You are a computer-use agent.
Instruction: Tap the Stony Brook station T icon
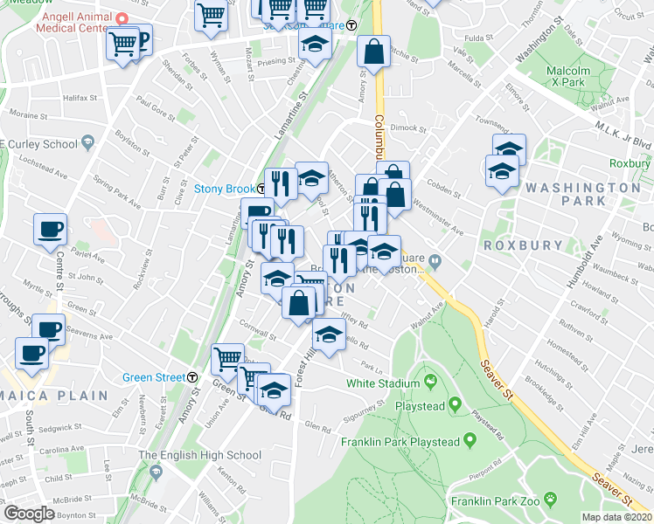[x=261, y=189]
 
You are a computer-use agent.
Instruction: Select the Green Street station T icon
[x=192, y=377]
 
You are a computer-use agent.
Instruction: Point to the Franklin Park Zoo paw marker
[x=551, y=500]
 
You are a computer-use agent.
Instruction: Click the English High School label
[x=199, y=455]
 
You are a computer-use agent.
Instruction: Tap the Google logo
[x=30, y=514]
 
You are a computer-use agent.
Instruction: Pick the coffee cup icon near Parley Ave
[x=50, y=231]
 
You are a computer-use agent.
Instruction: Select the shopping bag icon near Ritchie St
[x=373, y=52]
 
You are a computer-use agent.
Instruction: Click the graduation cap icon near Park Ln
[x=329, y=338]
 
